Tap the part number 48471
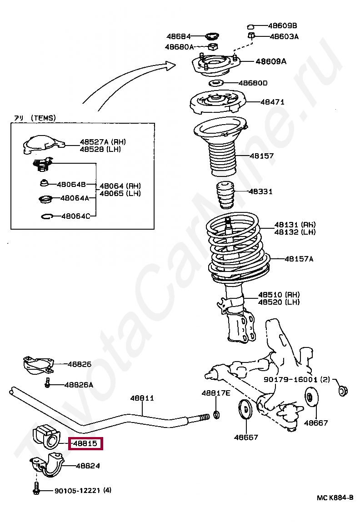[272, 102]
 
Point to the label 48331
[260, 191]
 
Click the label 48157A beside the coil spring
[299, 259]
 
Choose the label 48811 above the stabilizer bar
[142, 398]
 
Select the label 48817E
[216, 393]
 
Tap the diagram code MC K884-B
[335, 498]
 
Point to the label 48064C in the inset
[75, 216]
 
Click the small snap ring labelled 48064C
[46, 216]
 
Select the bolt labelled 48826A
[47, 383]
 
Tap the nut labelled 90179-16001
[343, 390]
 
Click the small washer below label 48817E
[216, 414]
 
